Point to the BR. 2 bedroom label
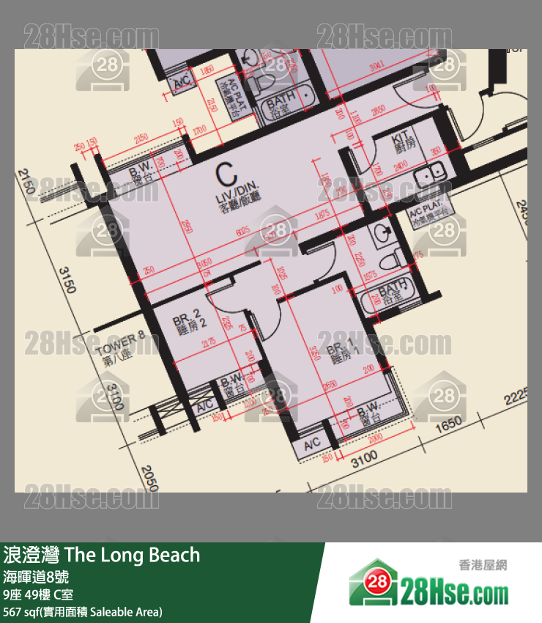[186, 325]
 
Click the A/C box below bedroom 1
[312, 445]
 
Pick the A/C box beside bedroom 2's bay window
[204, 405]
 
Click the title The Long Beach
[102, 554]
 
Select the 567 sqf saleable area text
[83, 611]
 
